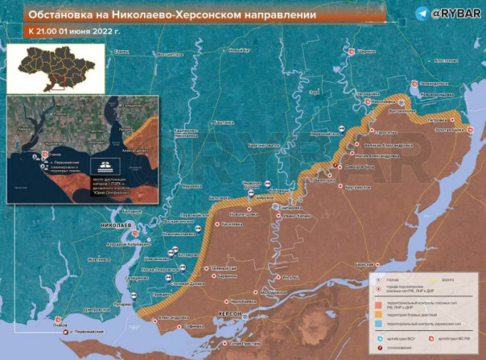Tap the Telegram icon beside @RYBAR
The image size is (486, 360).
423,14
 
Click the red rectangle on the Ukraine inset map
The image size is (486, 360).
55,81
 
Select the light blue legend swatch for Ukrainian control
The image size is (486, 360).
378,324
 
